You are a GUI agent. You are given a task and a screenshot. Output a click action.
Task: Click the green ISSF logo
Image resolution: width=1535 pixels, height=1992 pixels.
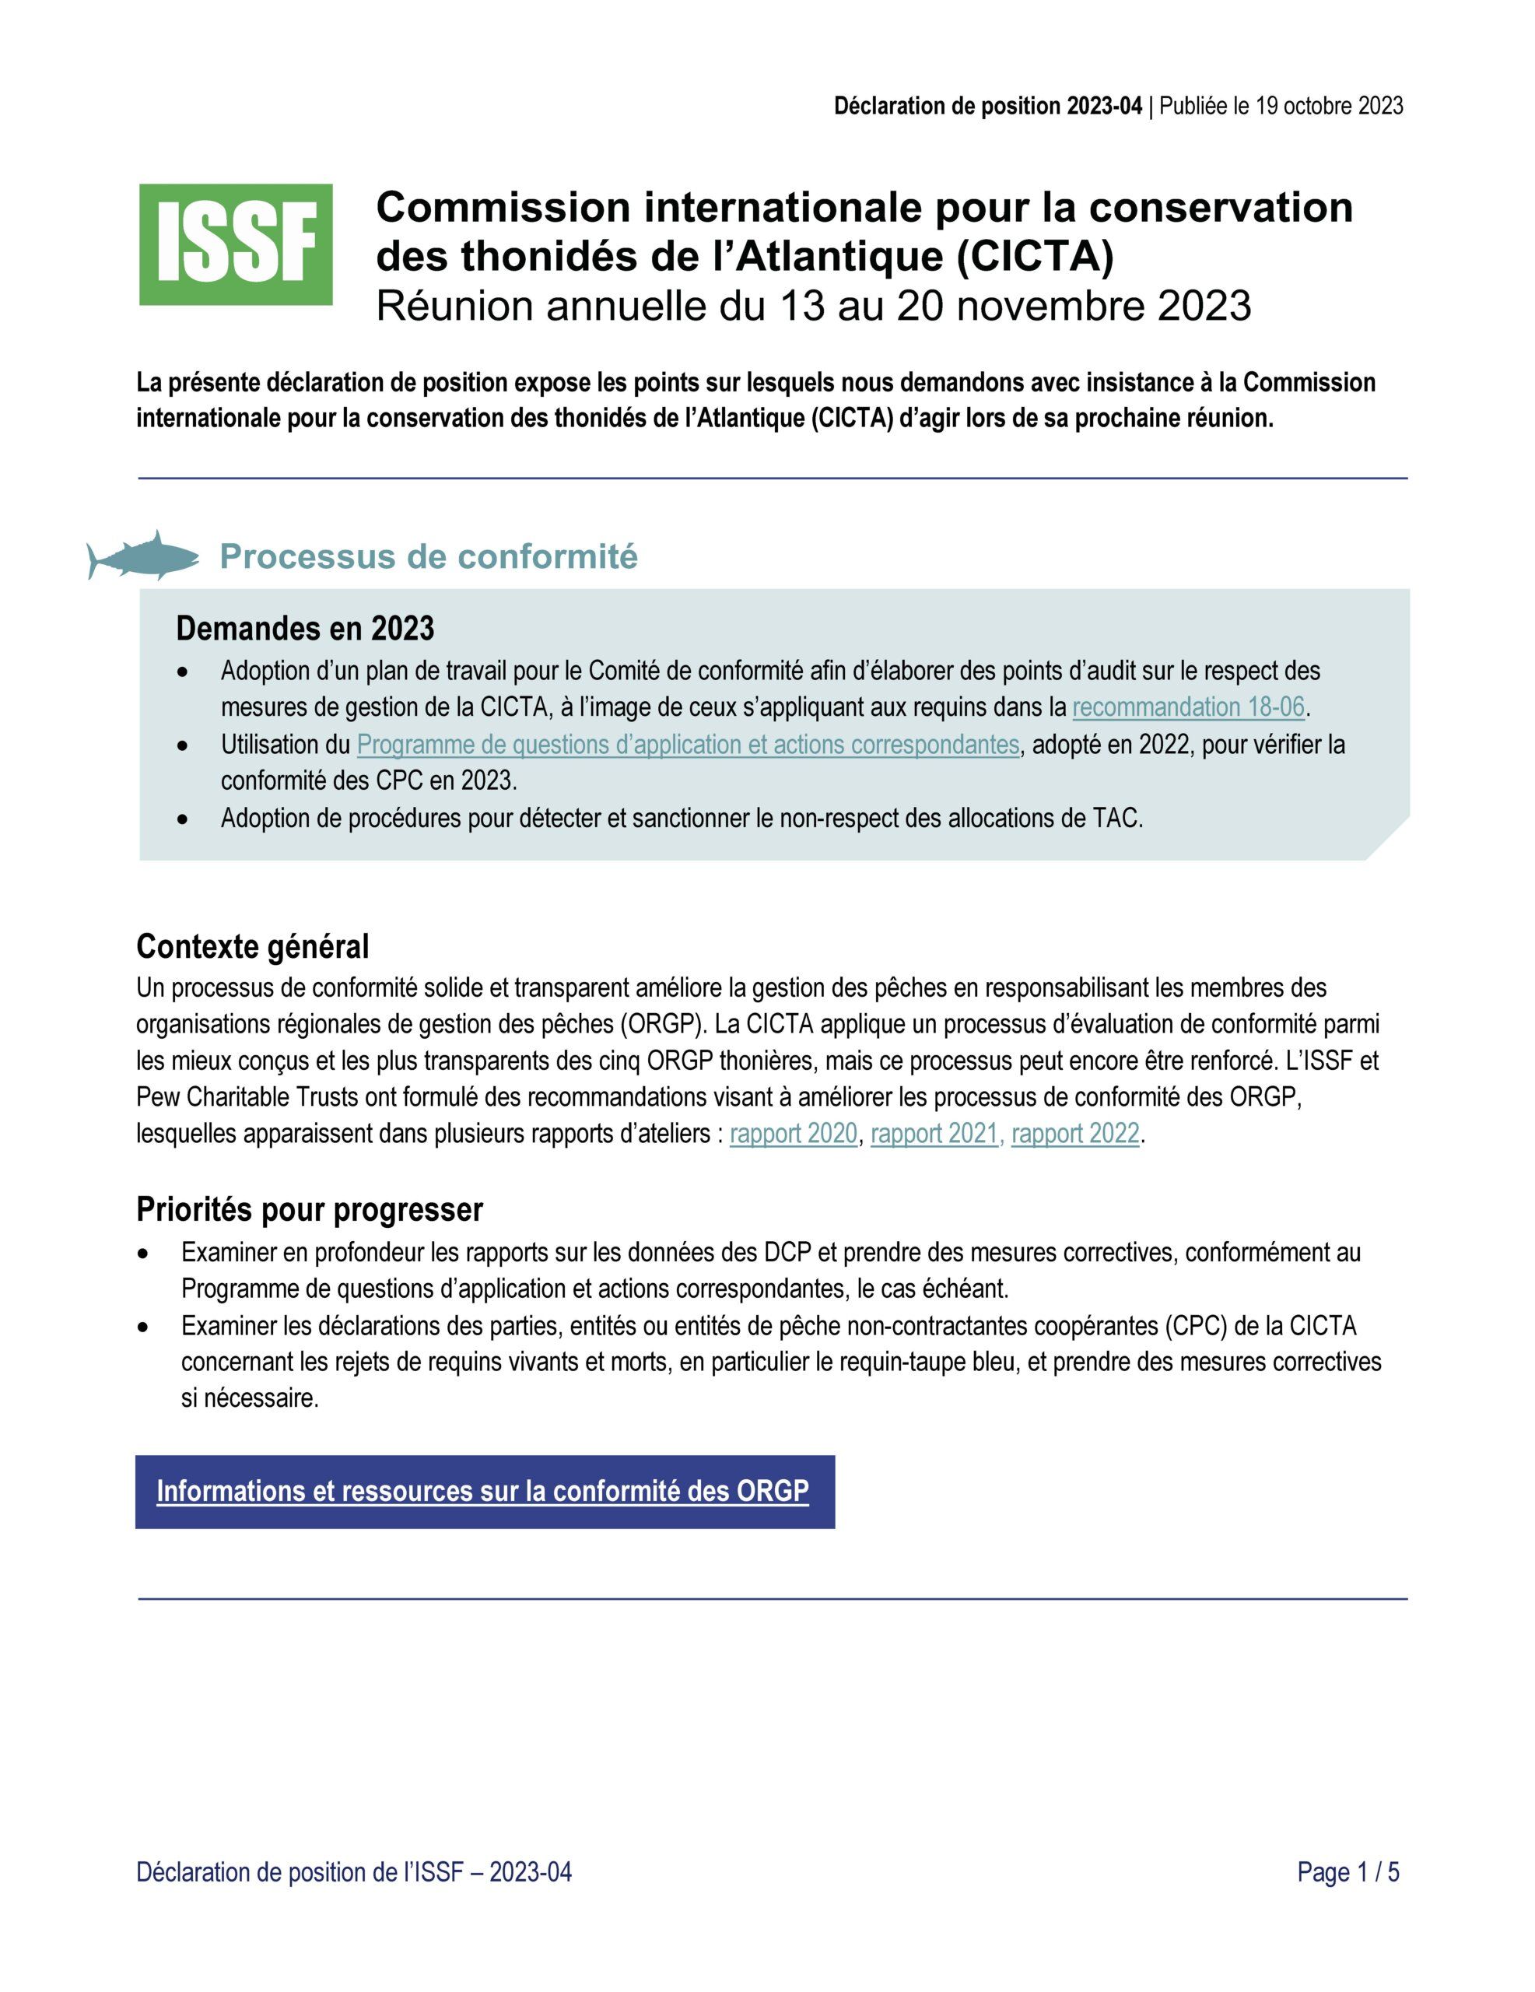point(235,244)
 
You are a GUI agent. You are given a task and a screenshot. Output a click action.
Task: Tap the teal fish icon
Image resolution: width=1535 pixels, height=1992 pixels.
point(143,555)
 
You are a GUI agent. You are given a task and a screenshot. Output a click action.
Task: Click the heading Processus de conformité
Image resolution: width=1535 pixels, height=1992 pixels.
point(428,556)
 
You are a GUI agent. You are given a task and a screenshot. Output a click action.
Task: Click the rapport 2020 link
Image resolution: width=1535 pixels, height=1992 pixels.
point(794,1134)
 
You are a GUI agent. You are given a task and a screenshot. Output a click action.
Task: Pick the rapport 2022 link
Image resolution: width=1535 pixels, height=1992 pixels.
point(1075,1134)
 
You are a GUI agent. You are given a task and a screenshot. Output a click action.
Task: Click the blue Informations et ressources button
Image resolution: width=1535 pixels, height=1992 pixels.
point(483,1491)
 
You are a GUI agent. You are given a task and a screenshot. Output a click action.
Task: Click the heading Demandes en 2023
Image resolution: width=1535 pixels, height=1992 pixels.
point(305,629)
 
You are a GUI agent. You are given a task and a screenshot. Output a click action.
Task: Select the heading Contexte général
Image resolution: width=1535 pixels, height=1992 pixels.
point(253,947)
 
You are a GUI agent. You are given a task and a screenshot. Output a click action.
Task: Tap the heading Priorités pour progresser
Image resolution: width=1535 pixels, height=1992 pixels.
point(309,1209)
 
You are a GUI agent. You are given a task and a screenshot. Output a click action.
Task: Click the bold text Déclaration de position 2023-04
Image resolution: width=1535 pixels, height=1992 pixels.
point(987,107)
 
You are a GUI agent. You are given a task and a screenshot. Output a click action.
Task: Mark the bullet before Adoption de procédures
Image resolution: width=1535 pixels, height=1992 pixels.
point(184,820)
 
